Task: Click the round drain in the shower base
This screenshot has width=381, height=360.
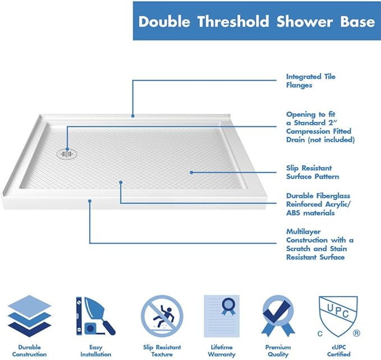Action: pyautogui.click(x=66, y=151)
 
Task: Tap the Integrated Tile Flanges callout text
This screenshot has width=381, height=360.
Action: pyautogui.click(x=311, y=81)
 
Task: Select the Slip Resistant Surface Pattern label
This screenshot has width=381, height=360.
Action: pyautogui.click(x=313, y=172)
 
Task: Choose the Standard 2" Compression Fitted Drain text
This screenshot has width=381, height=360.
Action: pyautogui.click(x=320, y=126)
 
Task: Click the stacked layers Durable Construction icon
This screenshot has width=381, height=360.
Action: pyautogui.click(x=29, y=316)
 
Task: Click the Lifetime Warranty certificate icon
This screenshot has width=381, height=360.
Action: pyautogui.click(x=221, y=316)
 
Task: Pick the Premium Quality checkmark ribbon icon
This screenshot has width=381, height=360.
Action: pyautogui.click(x=278, y=316)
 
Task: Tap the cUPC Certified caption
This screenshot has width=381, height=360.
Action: pyautogui.click(x=339, y=350)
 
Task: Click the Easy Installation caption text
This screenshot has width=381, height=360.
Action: pyautogui.click(x=95, y=350)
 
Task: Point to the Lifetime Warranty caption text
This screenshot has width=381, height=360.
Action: pyautogui.click(x=221, y=350)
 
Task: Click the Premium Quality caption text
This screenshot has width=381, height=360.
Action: pyautogui.click(x=279, y=350)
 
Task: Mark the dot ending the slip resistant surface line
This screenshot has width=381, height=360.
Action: pyautogui.click(x=191, y=173)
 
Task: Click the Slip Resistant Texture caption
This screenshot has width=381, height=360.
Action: pyautogui.click(x=162, y=350)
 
